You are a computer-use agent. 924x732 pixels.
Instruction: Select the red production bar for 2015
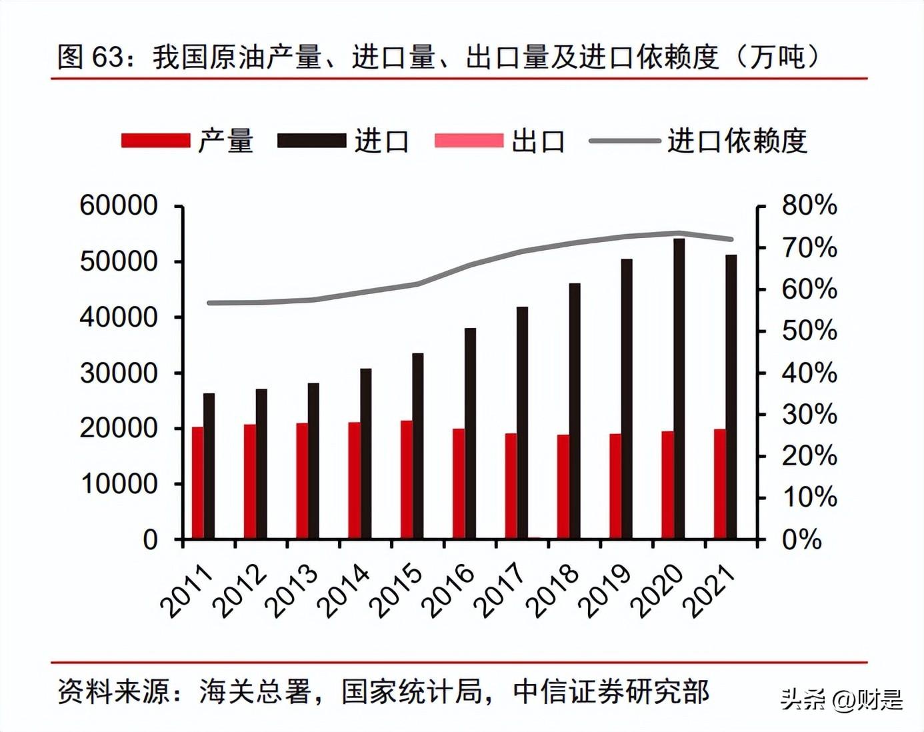click(x=406, y=479)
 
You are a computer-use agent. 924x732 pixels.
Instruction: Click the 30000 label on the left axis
click(x=119, y=373)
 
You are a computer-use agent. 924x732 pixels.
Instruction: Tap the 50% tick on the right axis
click(x=761, y=331)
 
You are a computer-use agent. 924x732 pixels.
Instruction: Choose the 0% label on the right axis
click(x=801, y=539)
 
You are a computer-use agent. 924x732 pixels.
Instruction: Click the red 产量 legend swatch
click(x=156, y=141)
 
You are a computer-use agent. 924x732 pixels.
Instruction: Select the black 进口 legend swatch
click(x=312, y=141)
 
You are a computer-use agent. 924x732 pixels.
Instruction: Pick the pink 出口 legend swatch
click(x=469, y=141)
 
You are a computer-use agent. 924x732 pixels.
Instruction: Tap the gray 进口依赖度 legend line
click(x=624, y=141)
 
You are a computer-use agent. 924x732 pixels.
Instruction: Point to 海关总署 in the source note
click(x=255, y=692)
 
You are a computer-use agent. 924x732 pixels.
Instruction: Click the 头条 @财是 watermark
click(x=841, y=700)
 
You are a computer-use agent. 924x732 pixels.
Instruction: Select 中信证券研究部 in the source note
click(x=611, y=692)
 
